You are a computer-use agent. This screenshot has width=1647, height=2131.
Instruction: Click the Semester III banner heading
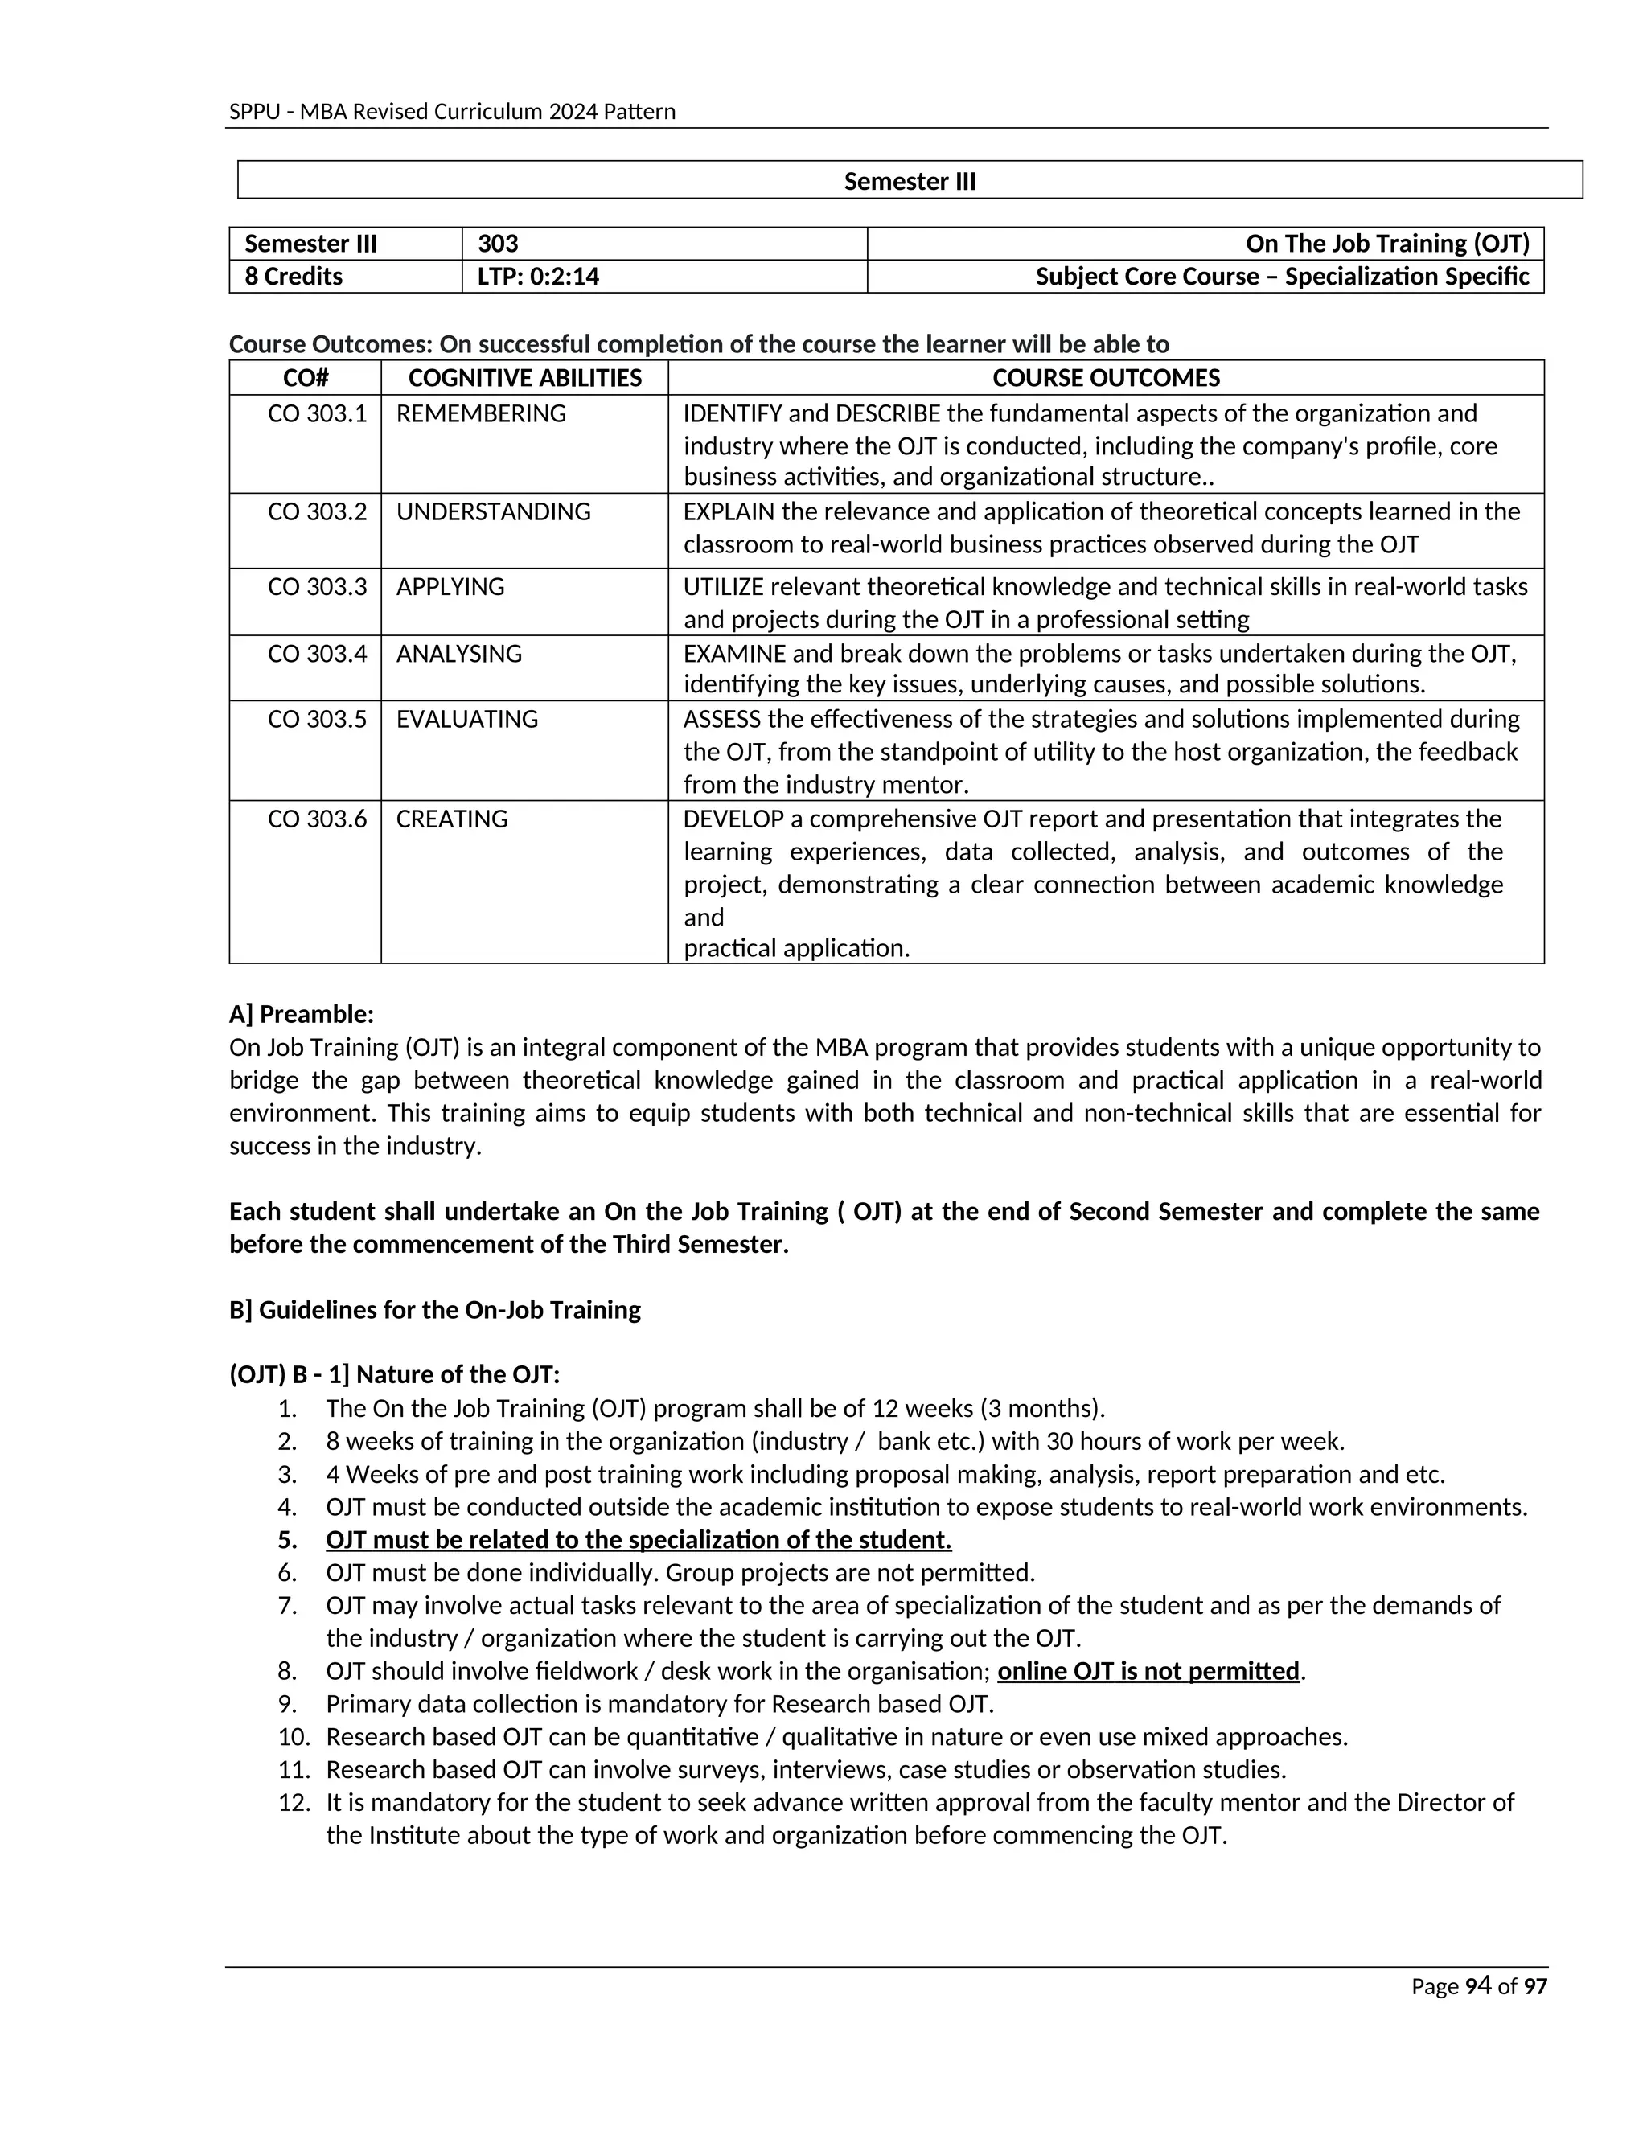coord(910,182)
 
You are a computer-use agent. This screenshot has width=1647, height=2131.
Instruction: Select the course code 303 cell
coord(498,244)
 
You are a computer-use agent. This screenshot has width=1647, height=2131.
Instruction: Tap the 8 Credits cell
coord(294,276)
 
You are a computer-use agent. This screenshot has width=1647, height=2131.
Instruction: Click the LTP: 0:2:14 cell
coord(538,276)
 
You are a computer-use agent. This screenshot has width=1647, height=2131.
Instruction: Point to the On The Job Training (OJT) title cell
coord(1386,244)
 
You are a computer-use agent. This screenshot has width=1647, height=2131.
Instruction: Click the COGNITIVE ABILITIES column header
coord(525,378)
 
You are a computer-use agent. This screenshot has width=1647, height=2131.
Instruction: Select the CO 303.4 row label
coord(317,654)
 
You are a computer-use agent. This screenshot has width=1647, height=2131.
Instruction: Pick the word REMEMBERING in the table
coord(481,413)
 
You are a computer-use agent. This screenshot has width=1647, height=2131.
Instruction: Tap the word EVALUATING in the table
coord(467,719)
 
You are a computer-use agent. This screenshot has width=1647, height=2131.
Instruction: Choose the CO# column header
coord(306,378)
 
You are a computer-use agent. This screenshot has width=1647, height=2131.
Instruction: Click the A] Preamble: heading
coord(302,1015)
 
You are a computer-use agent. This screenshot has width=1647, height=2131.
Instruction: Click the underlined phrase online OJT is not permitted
coord(1148,1672)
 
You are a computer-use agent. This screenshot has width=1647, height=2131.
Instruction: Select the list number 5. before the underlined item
coord(287,1541)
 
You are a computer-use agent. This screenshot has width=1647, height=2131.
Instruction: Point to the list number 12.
coord(294,1802)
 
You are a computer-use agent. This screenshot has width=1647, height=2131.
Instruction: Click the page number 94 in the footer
coord(1478,1986)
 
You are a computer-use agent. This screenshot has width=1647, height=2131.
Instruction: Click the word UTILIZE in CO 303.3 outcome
coord(723,586)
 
